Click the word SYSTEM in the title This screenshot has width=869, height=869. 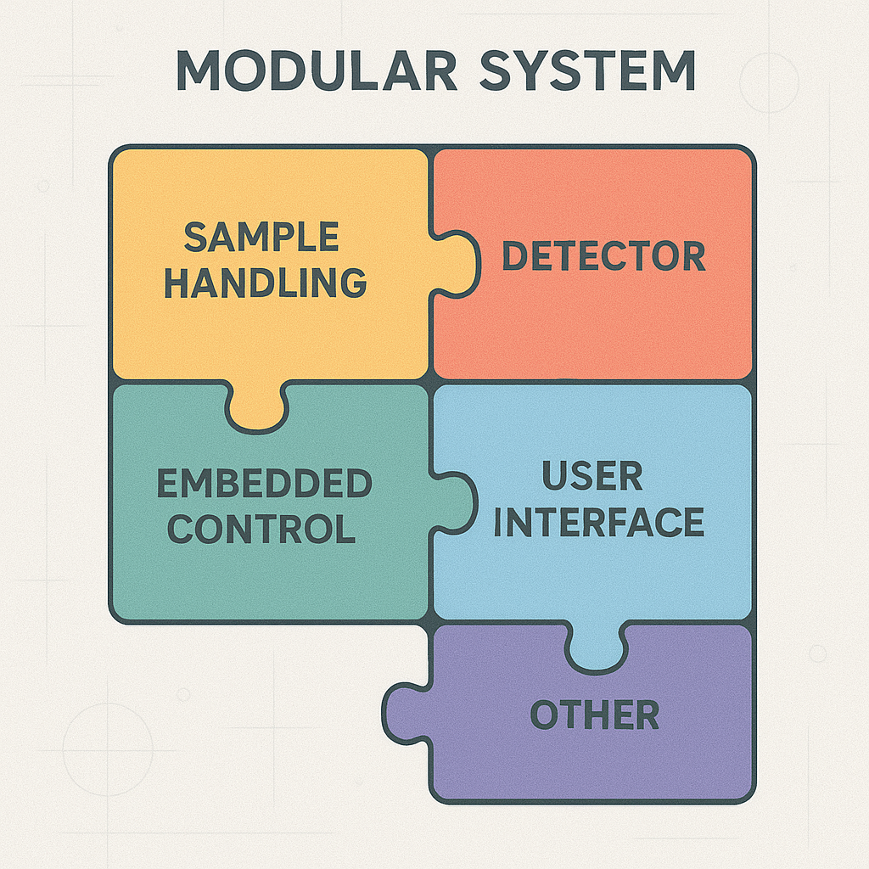[x=586, y=72]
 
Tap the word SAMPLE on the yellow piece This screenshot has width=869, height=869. [x=261, y=237]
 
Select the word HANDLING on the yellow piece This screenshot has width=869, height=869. [x=266, y=283]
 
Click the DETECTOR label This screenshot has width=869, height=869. [x=603, y=256]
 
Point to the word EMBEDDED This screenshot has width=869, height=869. [x=265, y=485]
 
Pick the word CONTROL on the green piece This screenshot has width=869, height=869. [x=261, y=530]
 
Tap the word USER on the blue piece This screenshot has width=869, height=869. [x=592, y=478]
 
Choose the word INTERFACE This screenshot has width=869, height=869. [x=599, y=523]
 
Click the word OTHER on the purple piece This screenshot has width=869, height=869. [x=595, y=715]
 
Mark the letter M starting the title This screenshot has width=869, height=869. [x=196, y=72]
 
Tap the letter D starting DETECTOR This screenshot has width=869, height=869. [x=514, y=256]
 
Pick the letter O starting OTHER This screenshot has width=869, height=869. [x=545, y=715]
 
